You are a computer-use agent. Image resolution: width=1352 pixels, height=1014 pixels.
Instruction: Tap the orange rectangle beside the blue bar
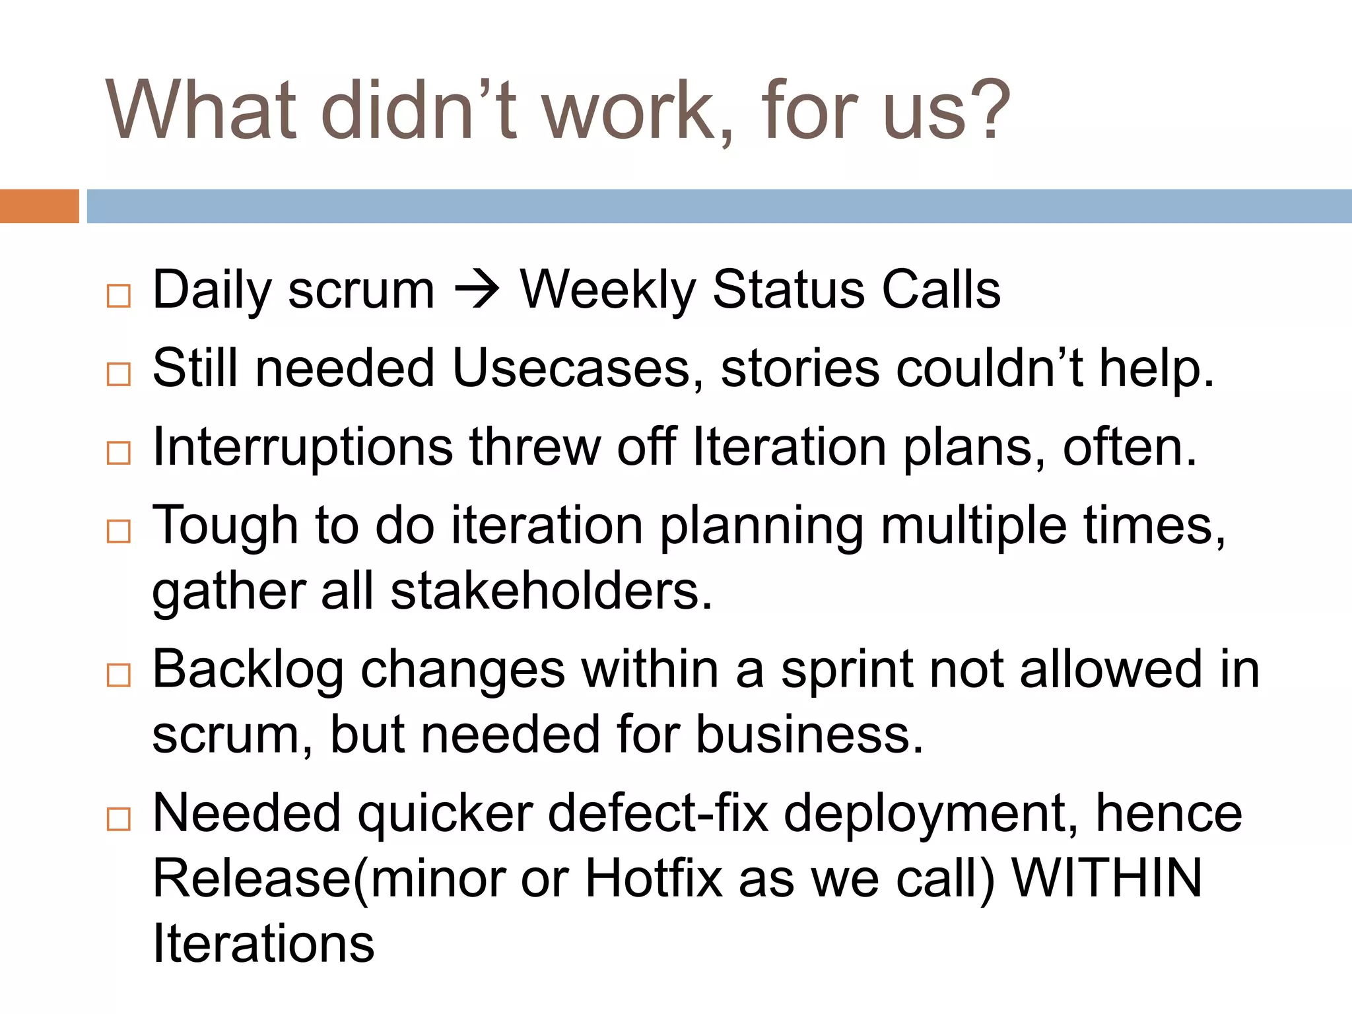[x=39, y=206]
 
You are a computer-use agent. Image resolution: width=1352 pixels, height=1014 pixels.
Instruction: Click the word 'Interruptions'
[x=302, y=448]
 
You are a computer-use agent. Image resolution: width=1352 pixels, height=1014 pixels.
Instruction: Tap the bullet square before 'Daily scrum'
[x=119, y=296]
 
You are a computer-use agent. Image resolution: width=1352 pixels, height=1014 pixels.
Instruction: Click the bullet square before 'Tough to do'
[x=119, y=531]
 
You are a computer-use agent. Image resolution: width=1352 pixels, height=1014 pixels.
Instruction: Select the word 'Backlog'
[x=248, y=669]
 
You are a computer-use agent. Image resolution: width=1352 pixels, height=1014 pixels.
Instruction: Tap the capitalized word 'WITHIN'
[x=1107, y=879]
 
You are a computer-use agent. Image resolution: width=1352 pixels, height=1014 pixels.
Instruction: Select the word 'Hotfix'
[x=654, y=879]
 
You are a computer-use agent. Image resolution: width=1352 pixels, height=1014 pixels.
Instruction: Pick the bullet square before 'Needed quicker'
[x=119, y=819]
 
